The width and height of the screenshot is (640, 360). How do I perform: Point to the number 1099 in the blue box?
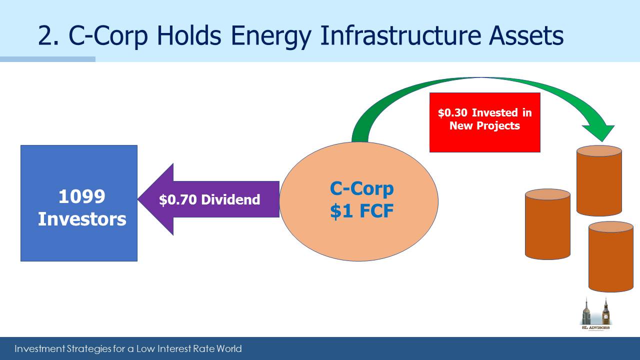pyautogui.click(x=81, y=196)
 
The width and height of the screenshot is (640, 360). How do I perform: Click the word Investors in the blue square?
pyautogui.click(x=82, y=219)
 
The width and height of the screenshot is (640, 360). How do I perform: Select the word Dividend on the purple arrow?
pyautogui.click(x=230, y=199)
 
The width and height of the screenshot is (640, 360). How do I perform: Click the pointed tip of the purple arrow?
pyautogui.click(x=138, y=199)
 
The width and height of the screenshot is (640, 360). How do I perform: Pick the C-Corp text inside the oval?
pyautogui.click(x=361, y=189)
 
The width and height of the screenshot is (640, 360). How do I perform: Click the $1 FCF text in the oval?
pyautogui.click(x=361, y=211)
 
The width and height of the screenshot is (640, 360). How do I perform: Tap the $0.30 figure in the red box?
pyautogui.click(x=452, y=112)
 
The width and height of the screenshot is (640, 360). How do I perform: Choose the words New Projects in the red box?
pyautogui.click(x=484, y=125)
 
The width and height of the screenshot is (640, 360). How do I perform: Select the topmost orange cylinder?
pyautogui.click(x=599, y=180)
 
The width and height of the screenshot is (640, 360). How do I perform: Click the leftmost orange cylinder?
pyautogui.click(x=547, y=224)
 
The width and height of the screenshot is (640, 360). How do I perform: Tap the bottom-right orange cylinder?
pyautogui.click(x=611, y=256)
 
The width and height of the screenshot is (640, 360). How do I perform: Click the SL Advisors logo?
pyautogui.click(x=595, y=314)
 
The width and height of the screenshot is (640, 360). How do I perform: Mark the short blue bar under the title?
pyautogui.click(x=47, y=59)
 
